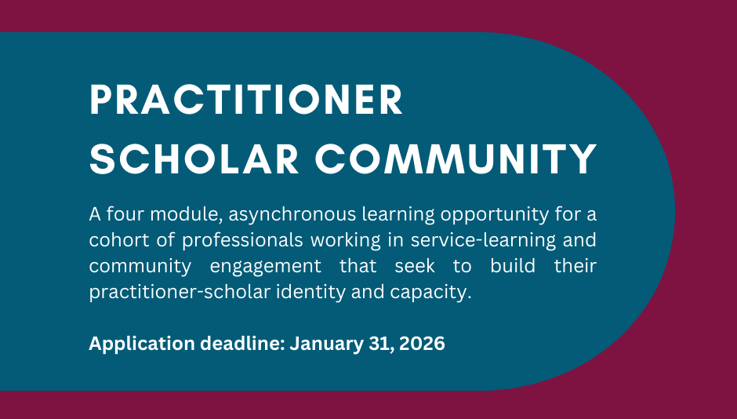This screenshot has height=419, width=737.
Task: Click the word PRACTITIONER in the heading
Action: pos(246,101)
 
